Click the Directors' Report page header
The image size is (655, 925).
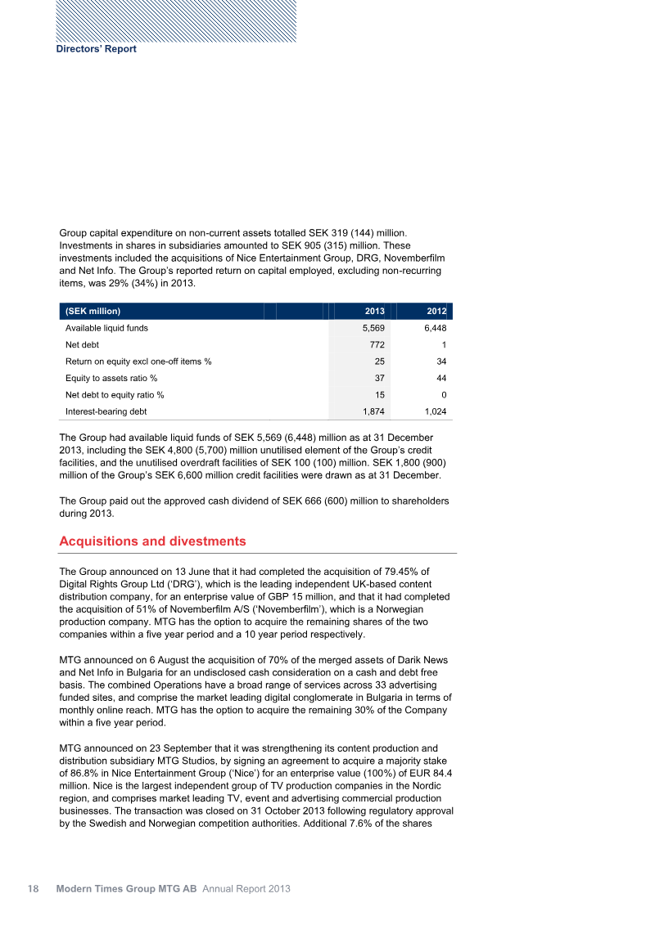(x=96, y=49)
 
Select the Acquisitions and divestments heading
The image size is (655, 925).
(x=152, y=541)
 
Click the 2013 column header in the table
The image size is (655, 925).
(x=374, y=312)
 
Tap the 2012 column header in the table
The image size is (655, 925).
(x=436, y=312)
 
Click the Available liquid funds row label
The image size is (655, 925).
(x=106, y=328)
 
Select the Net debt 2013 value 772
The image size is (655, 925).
(x=377, y=345)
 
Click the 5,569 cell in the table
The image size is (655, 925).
(x=373, y=328)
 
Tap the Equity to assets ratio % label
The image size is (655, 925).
(x=111, y=378)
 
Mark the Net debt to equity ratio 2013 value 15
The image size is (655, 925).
(x=379, y=395)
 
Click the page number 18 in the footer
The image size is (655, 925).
(x=34, y=888)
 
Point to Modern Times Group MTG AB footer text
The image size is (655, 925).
(x=126, y=888)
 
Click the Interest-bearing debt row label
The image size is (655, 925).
(x=105, y=411)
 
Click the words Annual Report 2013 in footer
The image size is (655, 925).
(x=246, y=888)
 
